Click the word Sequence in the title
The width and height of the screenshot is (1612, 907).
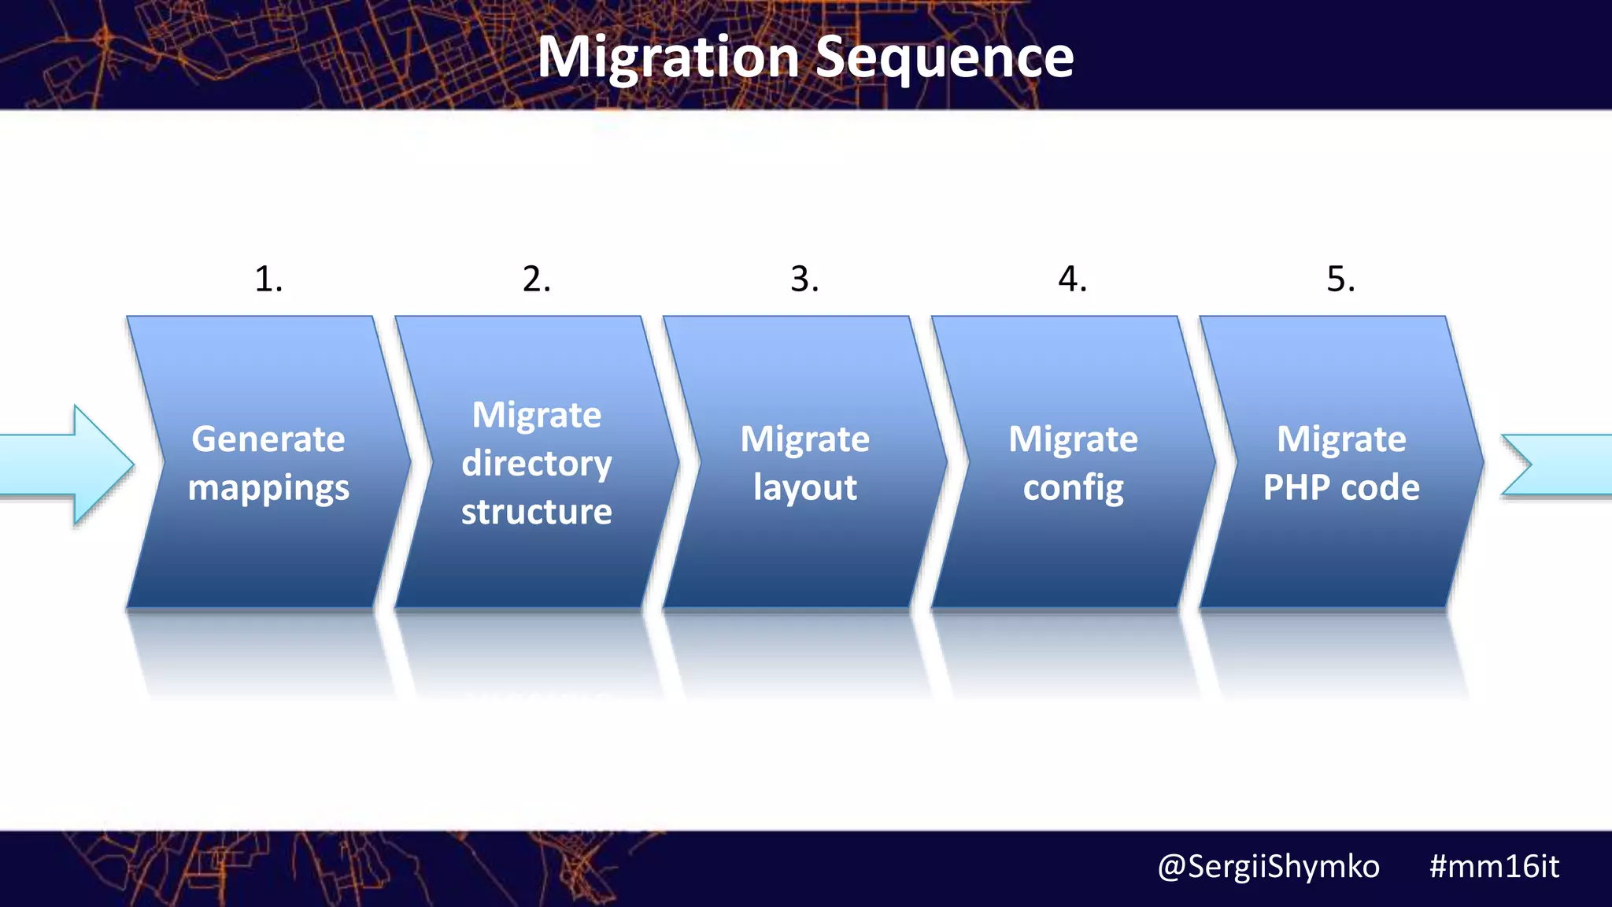(x=944, y=58)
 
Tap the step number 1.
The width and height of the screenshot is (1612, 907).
(x=268, y=280)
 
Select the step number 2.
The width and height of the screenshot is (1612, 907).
(x=537, y=280)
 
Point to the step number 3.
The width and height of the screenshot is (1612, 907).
(x=804, y=280)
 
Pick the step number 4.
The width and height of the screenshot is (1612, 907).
(x=1072, y=280)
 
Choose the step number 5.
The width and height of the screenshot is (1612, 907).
(x=1340, y=280)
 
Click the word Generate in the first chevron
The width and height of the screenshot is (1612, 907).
(x=268, y=439)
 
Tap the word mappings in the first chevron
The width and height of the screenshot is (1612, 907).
(x=268, y=488)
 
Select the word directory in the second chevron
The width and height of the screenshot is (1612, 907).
(x=537, y=464)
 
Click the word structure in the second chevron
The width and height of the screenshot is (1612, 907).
(x=537, y=513)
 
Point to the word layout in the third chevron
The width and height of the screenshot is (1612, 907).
(x=804, y=488)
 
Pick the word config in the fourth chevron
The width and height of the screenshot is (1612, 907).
(x=1073, y=488)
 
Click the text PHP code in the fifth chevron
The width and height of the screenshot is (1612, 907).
(x=1341, y=488)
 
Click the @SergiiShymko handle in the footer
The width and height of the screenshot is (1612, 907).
(x=1268, y=867)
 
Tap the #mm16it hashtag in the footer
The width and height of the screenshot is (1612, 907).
(x=1493, y=867)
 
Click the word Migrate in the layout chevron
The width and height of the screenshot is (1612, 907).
(x=804, y=439)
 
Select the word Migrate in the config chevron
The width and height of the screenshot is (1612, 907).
(x=1073, y=439)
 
